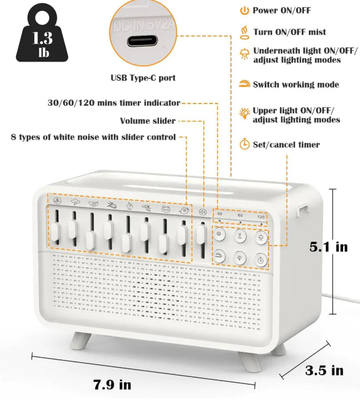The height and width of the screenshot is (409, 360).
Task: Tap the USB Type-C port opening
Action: pos(143,41)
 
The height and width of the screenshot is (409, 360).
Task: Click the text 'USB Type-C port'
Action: pos(143,78)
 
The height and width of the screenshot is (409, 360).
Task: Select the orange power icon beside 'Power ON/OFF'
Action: pos(245,11)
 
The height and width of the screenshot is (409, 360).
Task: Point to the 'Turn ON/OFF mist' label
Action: pos(289,32)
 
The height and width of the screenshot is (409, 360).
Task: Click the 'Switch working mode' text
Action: pos(296,84)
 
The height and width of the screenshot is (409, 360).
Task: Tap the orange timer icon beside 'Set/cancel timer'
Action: pos(245,145)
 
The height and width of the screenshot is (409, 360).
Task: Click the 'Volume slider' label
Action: pos(148,121)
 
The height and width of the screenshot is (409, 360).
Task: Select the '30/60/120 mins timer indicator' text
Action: pos(114,103)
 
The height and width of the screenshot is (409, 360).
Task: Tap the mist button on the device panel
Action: pos(240,235)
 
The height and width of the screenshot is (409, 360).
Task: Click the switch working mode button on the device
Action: pos(219,255)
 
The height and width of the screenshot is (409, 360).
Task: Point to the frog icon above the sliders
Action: pos(165,207)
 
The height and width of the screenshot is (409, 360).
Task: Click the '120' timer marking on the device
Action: pos(261,216)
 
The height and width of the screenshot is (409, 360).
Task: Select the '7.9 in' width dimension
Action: pos(112,384)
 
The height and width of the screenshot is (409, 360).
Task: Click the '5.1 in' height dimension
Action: pos(328,247)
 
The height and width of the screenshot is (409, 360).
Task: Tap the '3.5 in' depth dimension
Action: pos(324,371)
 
